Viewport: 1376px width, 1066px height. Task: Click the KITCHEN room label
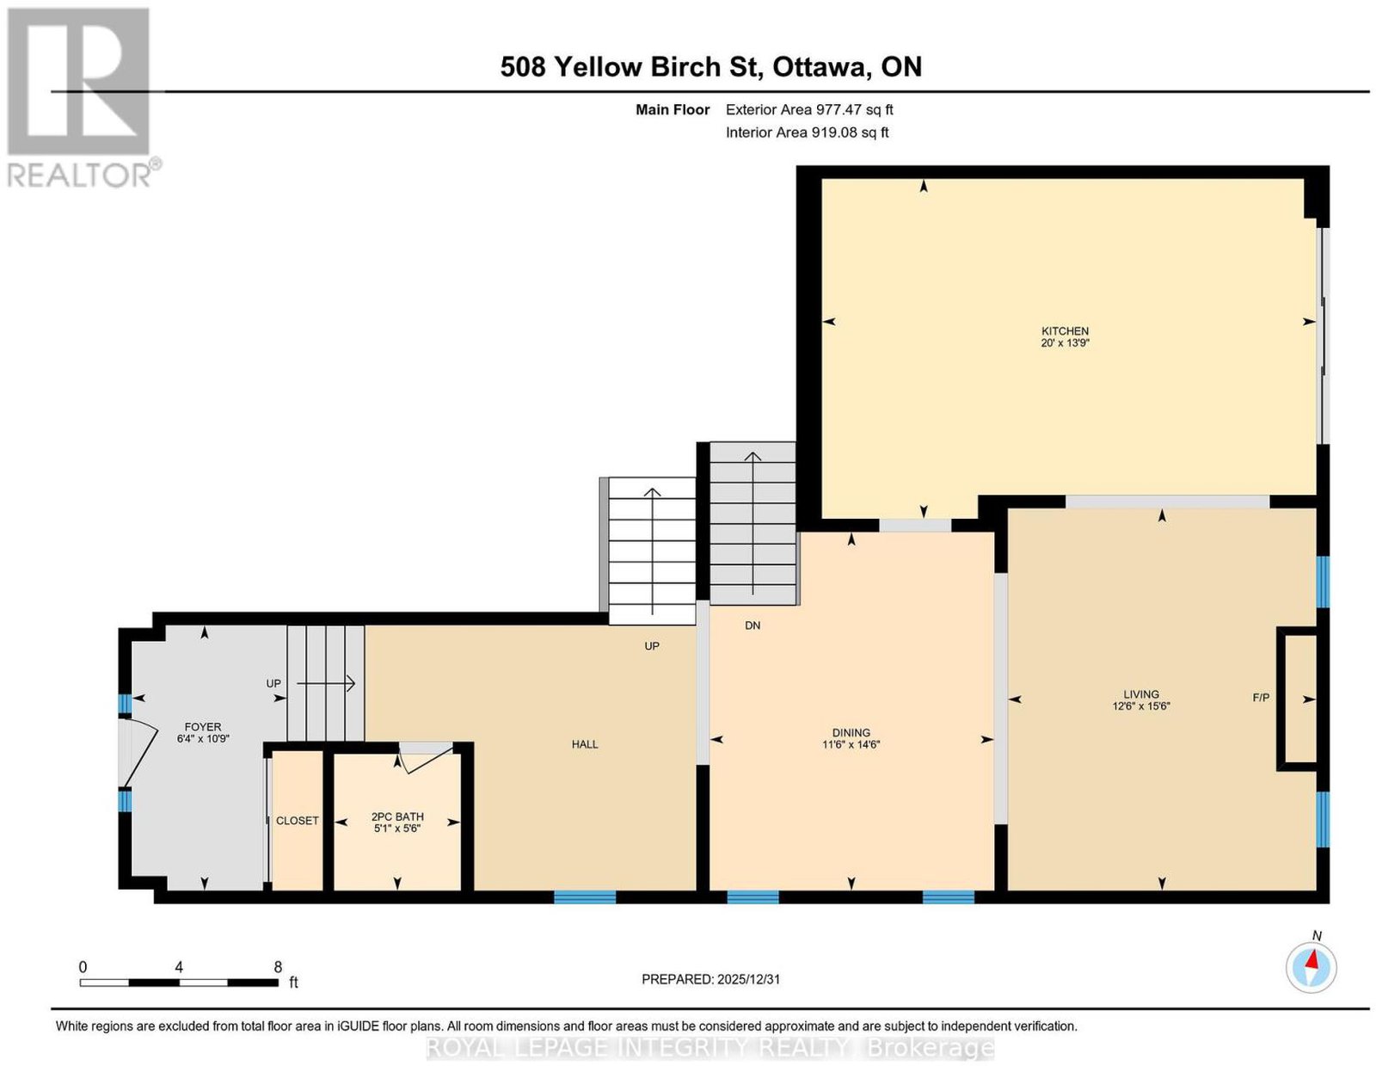pos(1065,330)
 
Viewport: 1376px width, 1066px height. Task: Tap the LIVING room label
pos(1141,694)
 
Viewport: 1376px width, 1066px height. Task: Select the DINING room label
pos(851,733)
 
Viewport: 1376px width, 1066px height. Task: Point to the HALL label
pos(585,744)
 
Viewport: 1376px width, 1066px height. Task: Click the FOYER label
pos(203,726)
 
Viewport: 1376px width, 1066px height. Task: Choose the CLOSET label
pos(297,820)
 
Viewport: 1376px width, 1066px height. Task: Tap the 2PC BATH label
pos(397,816)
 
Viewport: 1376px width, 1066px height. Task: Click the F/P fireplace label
pos(1261,698)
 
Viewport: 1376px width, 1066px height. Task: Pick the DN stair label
pos(752,625)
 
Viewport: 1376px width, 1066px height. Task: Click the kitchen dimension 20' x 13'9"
pos(1065,342)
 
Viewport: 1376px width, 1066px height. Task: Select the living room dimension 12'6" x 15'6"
pos(1141,706)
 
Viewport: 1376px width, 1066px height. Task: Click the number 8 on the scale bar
pos(278,967)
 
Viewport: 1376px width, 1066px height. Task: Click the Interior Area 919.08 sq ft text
pos(808,132)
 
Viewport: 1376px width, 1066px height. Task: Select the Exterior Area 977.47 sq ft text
pos(809,109)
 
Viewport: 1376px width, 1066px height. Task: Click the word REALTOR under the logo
pos(79,176)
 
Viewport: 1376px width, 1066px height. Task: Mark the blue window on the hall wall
pos(585,897)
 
